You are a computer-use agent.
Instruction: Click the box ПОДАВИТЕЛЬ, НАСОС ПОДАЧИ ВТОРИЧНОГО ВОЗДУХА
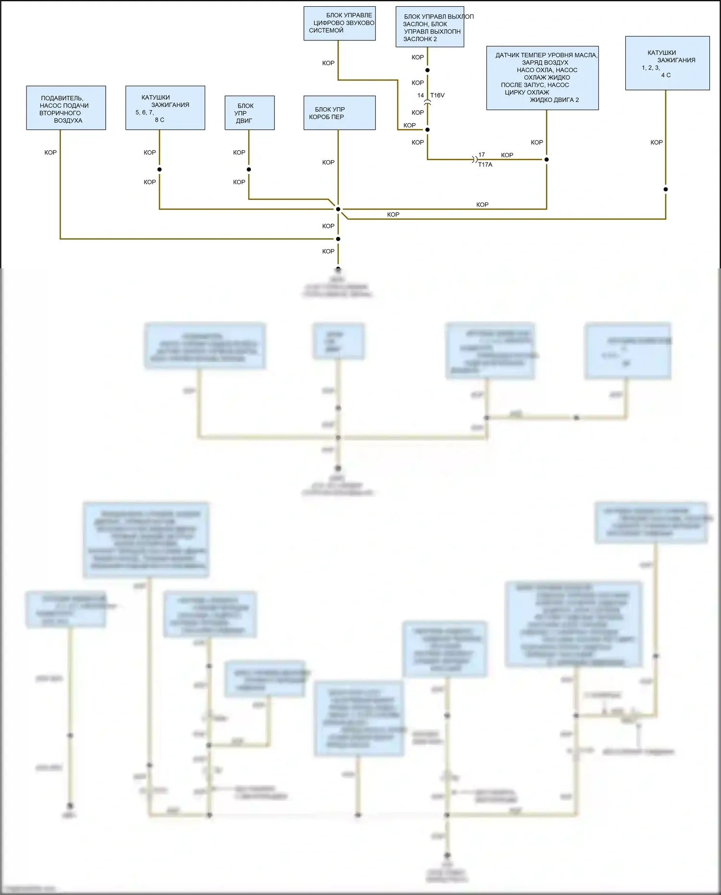[66, 108]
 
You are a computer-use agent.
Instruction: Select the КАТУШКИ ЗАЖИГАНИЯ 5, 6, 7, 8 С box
[165, 108]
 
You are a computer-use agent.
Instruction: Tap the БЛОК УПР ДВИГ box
[249, 113]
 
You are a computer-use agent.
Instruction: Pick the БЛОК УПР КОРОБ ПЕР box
[339, 113]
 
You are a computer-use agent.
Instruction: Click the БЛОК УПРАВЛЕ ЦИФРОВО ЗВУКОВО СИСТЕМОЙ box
[339, 23]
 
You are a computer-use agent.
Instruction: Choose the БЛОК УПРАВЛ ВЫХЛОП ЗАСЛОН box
[429, 26]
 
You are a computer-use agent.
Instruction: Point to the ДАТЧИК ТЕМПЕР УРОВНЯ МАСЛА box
[542, 78]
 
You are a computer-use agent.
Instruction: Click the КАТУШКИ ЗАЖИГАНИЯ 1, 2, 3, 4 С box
[667, 63]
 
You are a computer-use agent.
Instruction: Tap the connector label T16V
[437, 95]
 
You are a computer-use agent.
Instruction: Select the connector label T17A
[485, 164]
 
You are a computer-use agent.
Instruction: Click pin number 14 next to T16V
[421, 95]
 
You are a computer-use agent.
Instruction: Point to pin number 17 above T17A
[482, 155]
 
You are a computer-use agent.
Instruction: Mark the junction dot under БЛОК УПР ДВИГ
[249, 169]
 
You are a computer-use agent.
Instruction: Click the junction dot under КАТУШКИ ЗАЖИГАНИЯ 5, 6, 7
[160, 169]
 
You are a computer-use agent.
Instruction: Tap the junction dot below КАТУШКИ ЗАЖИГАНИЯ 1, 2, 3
[666, 189]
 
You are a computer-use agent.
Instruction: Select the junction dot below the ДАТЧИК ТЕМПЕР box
[547, 159]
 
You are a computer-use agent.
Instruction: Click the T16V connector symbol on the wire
[427, 102]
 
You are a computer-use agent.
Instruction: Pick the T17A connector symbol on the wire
[475, 159]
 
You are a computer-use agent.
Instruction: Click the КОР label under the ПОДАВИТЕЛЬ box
[50, 152]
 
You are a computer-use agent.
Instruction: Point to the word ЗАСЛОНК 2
[420, 39]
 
